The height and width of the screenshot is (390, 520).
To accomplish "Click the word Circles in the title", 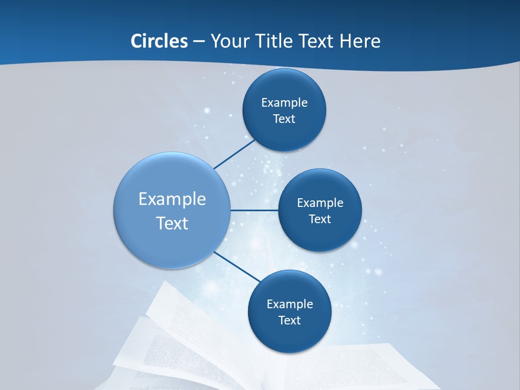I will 159,41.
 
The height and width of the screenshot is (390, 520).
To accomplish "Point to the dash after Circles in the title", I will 198,42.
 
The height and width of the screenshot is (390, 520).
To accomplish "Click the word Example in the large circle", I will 172,199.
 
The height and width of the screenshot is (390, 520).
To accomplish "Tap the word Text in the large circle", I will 172,223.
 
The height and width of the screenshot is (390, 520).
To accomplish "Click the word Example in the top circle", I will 284,103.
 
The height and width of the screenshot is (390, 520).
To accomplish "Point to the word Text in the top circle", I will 284,119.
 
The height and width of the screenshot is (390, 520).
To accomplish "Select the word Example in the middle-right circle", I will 320,203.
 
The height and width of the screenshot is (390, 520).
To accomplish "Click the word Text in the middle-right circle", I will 320,219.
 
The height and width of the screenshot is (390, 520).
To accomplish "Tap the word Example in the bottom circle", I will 290,304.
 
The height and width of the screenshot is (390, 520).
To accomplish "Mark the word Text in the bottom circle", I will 290,321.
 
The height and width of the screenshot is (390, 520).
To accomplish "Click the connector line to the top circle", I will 234,154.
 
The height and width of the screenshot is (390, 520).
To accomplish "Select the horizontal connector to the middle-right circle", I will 255,210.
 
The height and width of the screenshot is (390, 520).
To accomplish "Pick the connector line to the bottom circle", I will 237,266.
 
